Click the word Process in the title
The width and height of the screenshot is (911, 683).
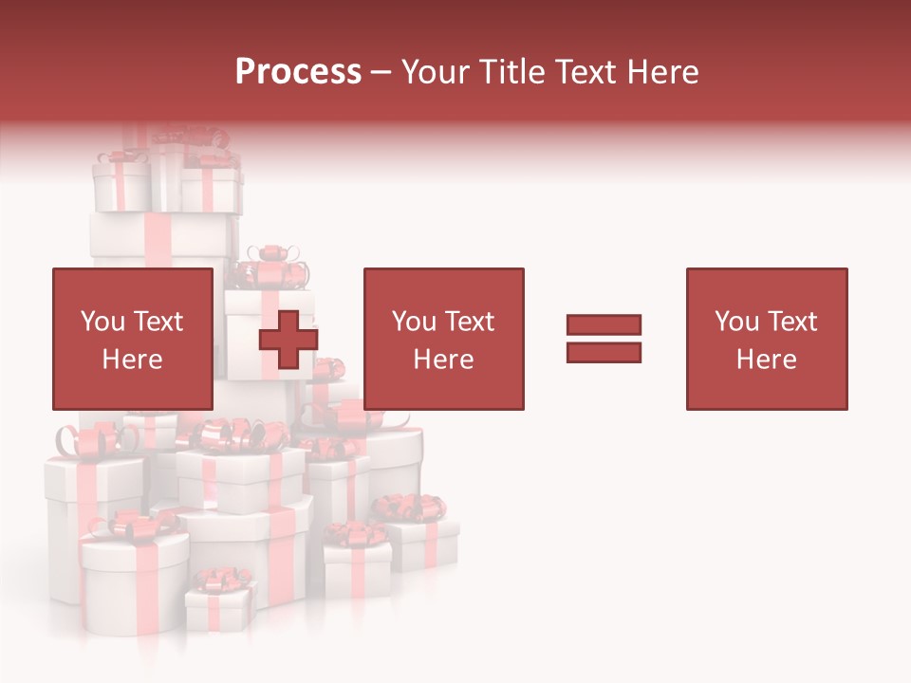pos(298,72)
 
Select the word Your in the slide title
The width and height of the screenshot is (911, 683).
pos(435,72)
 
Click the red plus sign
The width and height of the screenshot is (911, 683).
pos(288,340)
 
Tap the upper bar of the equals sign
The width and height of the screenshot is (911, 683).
pos(604,324)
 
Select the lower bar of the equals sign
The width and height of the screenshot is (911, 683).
pos(604,353)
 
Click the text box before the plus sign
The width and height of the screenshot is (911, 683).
pos(132,339)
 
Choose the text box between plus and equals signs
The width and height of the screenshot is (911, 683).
pos(443,339)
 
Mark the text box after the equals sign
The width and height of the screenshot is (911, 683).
pos(767,339)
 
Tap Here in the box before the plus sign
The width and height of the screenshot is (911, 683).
pos(132,360)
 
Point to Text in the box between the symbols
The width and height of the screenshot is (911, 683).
pos(470,322)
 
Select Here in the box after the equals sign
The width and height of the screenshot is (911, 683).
pos(767,360)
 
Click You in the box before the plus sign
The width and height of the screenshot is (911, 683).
pos(102,322)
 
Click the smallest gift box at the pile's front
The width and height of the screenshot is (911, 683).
pos(219,607)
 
